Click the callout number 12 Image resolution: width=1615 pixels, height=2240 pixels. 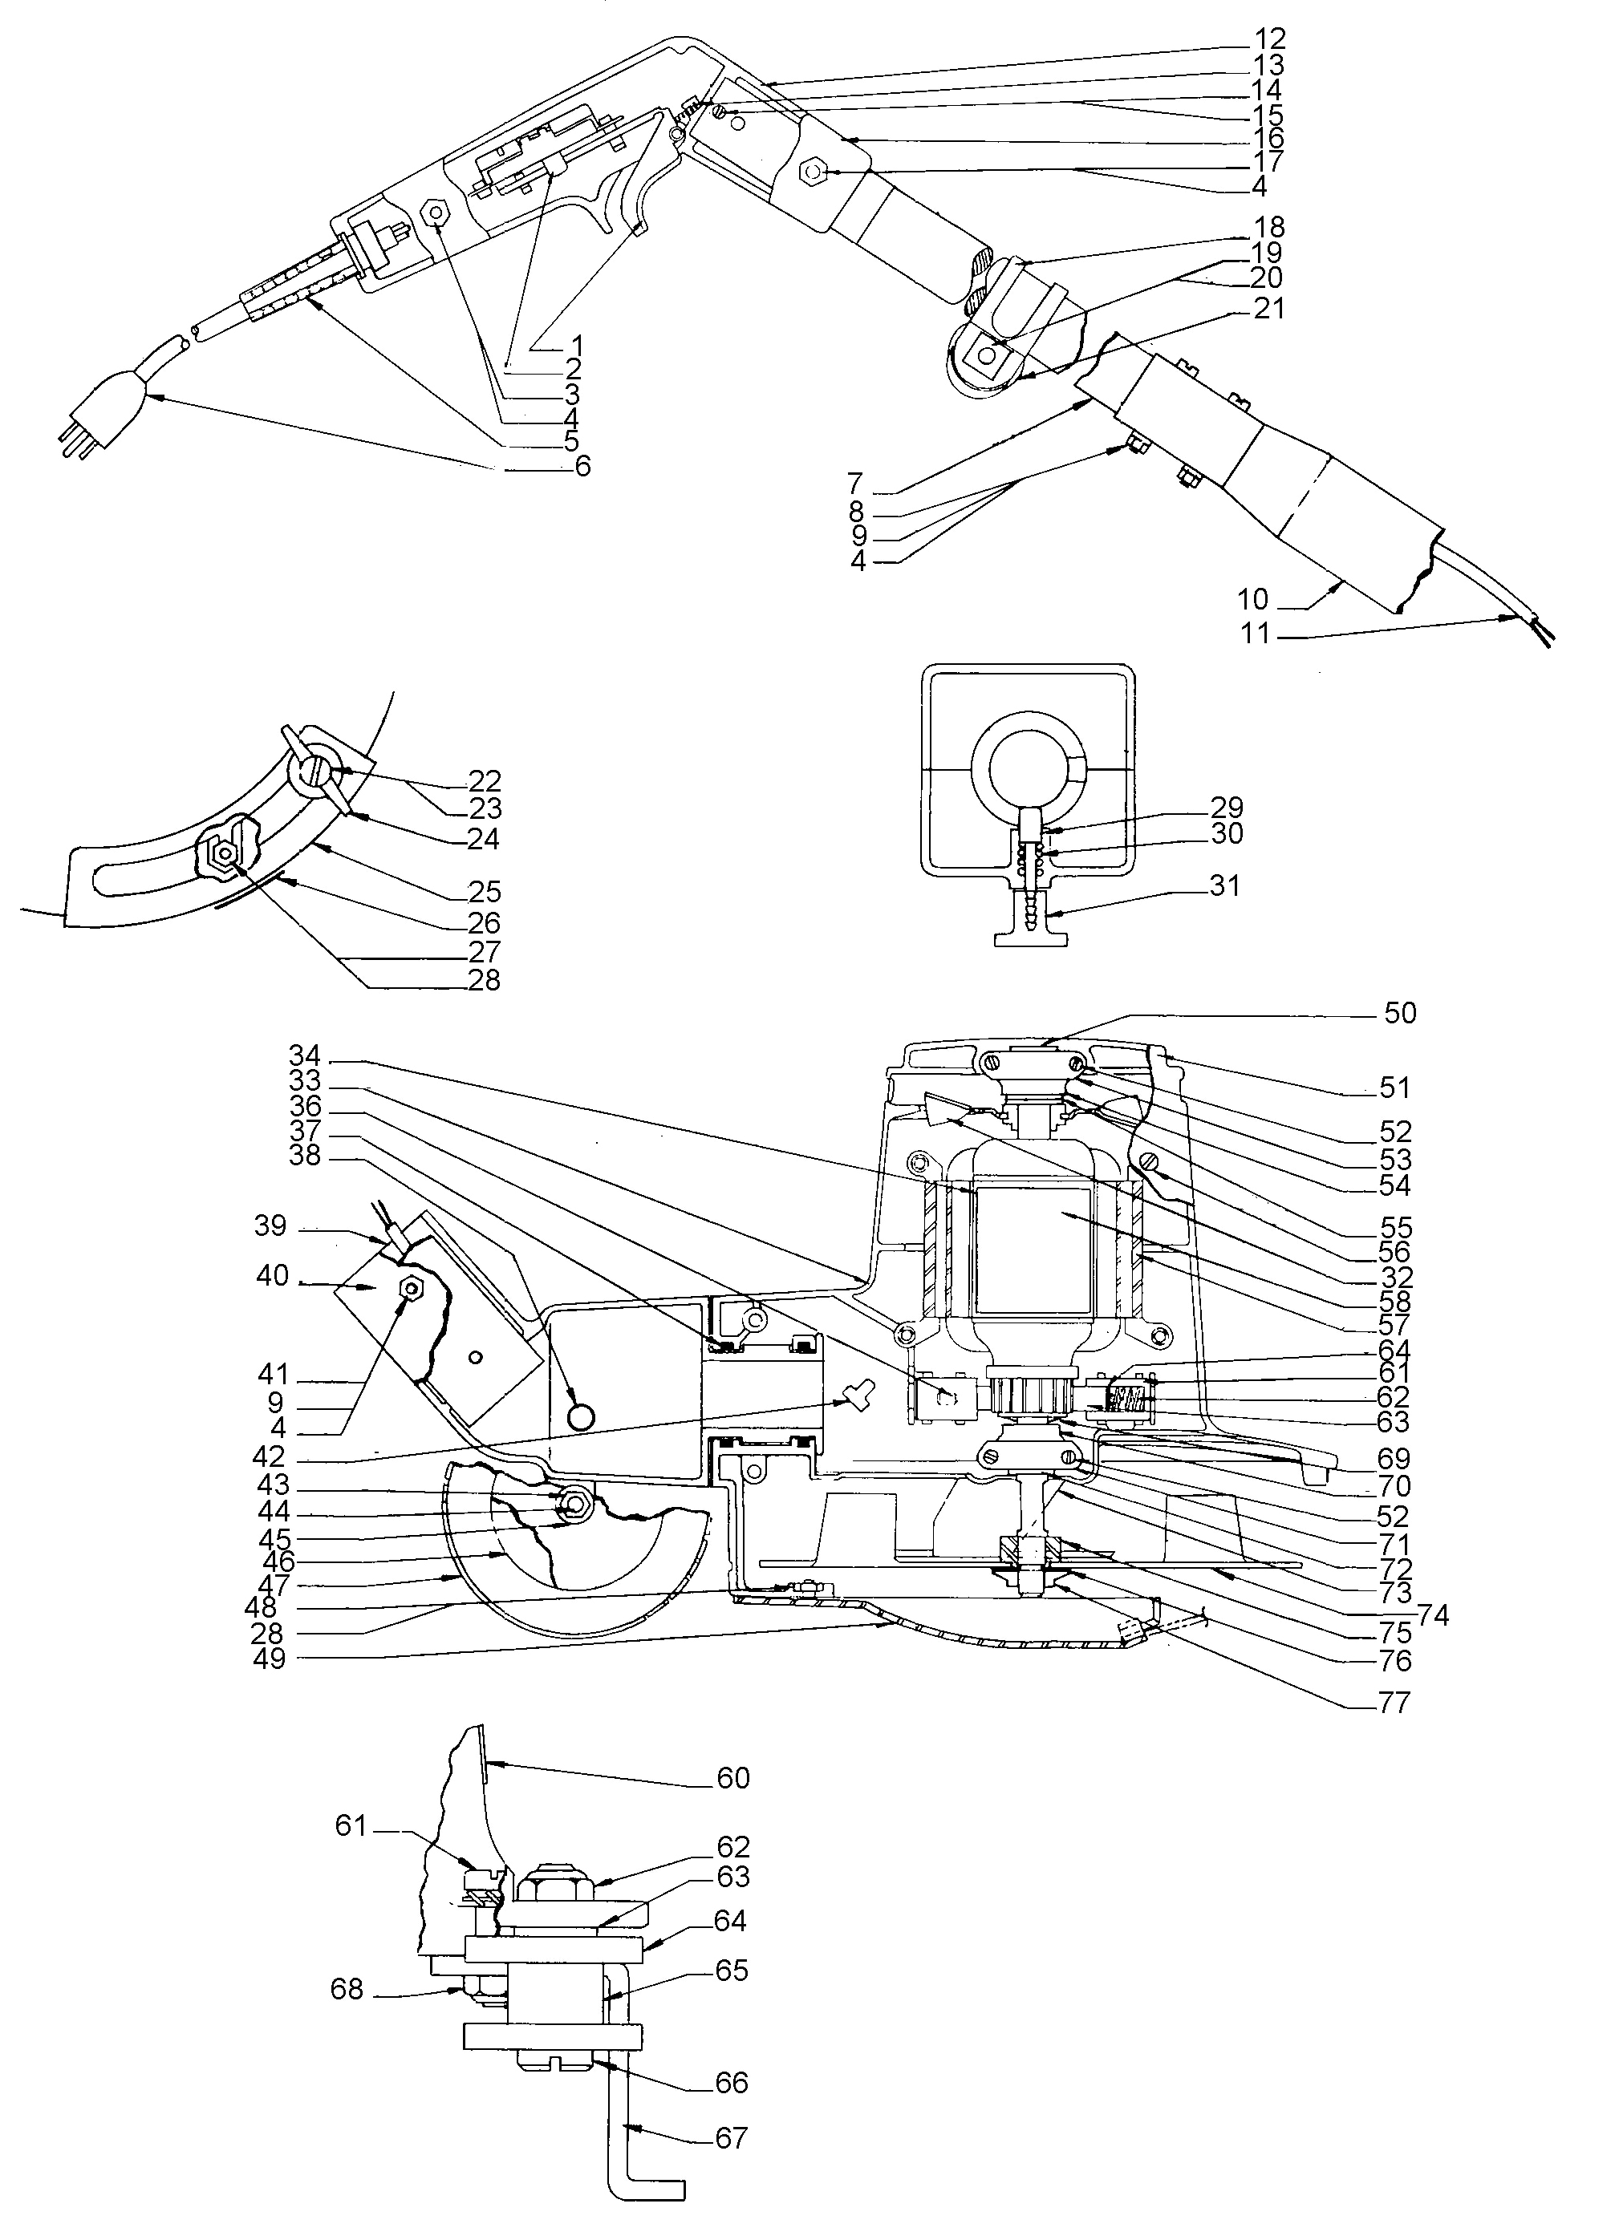(x=1269, y=39)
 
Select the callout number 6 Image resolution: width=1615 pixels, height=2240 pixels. (x=582, y=466)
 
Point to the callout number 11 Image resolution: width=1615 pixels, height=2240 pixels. (x=1255, y=633)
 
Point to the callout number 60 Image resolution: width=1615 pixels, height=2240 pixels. (x=733, y=1779)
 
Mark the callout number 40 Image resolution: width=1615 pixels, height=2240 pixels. (x=272, y=1276)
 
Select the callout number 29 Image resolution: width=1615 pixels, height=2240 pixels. (x=1227, y=806)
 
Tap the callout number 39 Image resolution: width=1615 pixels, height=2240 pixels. (x=270, y=1225)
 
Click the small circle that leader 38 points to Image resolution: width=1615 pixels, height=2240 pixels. (x=582, y=1416)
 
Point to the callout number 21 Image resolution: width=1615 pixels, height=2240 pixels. (x=1268, y=308)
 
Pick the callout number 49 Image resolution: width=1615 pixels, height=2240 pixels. (x=269, y=1659)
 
